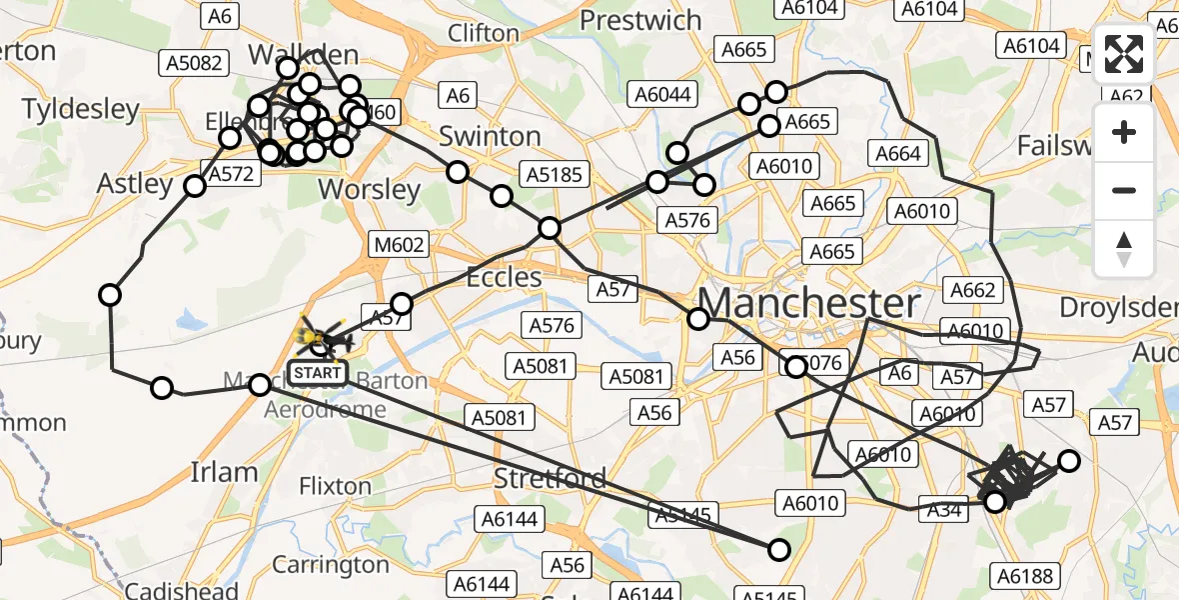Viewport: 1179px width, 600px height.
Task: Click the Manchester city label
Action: tap(809, 303)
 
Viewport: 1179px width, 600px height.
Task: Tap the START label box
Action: tap(319, 374)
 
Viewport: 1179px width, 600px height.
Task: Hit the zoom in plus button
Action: tap(1124, 133)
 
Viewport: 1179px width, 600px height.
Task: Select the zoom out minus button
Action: tap(1124, 191)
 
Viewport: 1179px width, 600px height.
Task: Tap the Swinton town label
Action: tap(490, 136)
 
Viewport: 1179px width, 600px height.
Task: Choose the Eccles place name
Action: tap(505, 277)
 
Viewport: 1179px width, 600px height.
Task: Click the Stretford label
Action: tap(551, 479)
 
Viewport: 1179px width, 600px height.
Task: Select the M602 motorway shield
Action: tap(401, 244)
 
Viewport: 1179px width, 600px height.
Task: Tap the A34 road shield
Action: tap(944, 510)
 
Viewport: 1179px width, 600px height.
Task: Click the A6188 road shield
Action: tap(1024, 576)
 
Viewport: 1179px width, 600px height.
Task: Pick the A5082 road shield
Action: tap(191, 63)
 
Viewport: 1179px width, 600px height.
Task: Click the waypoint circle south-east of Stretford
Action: tap(778, 549)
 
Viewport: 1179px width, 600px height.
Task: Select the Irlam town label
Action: tap(224, 472)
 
